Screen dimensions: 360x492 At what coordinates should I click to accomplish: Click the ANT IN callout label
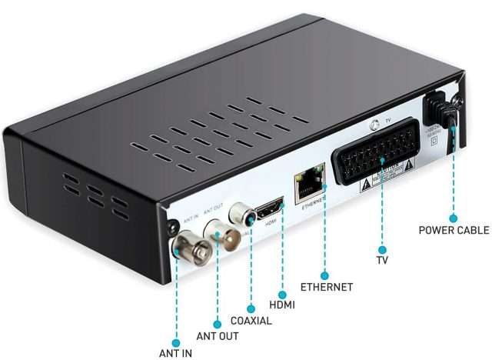(x=175, y=353)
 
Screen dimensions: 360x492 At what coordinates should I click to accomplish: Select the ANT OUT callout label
(x=218, y=336)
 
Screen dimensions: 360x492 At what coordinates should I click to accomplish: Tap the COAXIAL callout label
(x=251, y=320)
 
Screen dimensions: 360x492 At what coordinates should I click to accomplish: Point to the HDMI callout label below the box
(x=282, y=305)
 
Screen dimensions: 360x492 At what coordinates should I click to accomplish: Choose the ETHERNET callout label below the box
(x=326, y=287)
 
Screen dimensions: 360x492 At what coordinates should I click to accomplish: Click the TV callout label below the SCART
(x=382, y=260)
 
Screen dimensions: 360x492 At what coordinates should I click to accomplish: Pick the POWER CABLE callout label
(x=454, y=229)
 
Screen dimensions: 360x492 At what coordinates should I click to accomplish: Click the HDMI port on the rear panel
(x=270, y=208)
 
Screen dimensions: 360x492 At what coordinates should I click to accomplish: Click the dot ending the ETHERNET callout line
(x=325, y=274)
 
